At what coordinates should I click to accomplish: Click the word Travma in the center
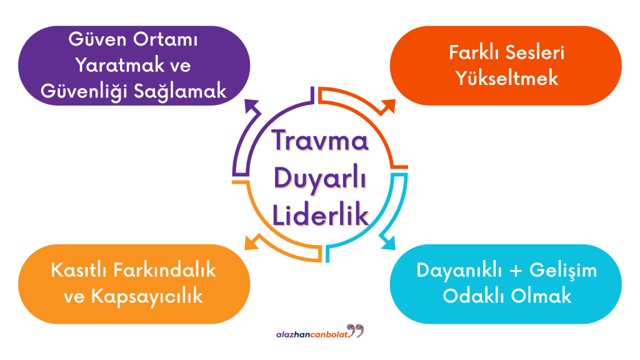(321, 140)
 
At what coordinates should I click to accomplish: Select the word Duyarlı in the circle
(321, 179)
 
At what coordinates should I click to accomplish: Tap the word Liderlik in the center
(321, 215)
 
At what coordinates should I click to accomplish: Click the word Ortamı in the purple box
(165, 39)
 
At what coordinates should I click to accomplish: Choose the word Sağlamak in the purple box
(180, 91)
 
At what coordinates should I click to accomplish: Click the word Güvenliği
(84, 91)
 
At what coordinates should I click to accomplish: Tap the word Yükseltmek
(506, 78)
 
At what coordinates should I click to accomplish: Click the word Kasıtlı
(79, 270)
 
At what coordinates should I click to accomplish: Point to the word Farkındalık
(164, 270)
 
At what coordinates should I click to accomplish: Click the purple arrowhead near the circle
(252, 106)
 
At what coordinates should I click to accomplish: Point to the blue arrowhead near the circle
(387, 242)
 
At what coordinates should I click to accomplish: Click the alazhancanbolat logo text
(312, 335)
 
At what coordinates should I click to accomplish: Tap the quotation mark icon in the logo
(356, 330)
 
